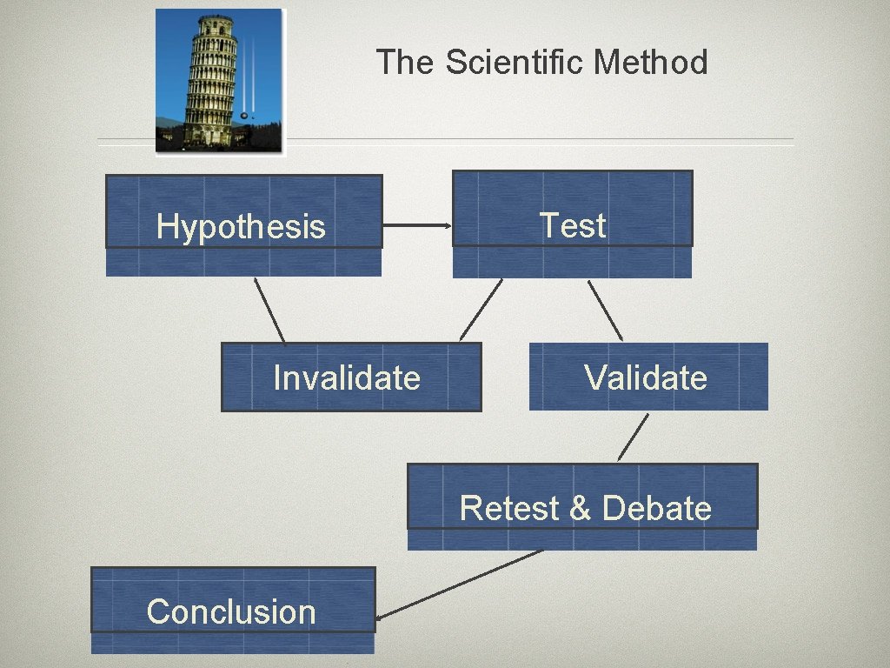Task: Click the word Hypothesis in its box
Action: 241,227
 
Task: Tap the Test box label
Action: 573,225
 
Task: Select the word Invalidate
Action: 346,378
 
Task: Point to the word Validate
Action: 646,378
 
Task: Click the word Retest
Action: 509,508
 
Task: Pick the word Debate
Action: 656,508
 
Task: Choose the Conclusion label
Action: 231,611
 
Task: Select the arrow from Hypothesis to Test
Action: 417,226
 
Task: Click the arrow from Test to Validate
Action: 606,311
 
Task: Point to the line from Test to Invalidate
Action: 481,309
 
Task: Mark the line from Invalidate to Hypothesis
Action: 269,310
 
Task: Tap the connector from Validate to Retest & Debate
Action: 633,437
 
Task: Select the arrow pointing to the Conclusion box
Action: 461,584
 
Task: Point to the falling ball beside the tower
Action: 244,115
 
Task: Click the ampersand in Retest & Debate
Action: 580,508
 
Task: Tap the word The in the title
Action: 404,63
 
